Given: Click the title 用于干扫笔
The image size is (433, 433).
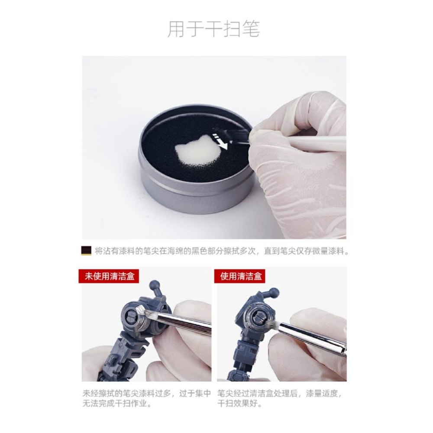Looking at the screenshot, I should point(214,29).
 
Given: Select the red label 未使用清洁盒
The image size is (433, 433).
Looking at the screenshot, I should point(108,276).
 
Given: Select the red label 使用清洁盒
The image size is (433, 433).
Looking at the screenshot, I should point(239,276).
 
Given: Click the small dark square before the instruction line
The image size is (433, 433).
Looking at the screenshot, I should point(86,251).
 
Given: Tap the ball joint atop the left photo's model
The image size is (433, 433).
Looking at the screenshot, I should point(154,285).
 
